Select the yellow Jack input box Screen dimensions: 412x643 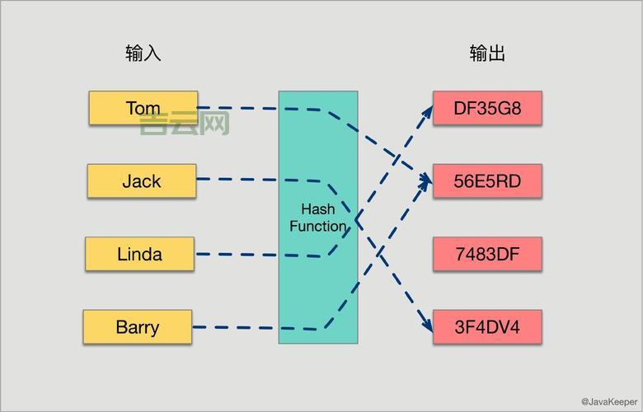coord(142,181)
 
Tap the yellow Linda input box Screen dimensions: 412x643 coord(139,254)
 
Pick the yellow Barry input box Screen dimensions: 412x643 coord(137,327)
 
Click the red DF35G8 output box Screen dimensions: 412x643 coord(487,108)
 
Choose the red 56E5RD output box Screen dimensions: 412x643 coord(487,181)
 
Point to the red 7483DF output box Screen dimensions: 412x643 coord(487,254)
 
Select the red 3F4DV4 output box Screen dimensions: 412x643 coord(487,327)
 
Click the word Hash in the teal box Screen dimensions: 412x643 coord(317,209)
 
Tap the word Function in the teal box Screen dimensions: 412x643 coord(317,226)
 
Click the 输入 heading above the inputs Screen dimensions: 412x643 coord(143,54)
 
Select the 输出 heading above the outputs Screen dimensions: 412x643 coord(487,54)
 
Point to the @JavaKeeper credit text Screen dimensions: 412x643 coord(608,402)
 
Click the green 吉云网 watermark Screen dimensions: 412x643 coord(184,124)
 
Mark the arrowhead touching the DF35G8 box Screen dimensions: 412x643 coord(428,110)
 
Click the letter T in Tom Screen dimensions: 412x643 coord(131,108)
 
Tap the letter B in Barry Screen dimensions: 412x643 coord(121,327)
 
